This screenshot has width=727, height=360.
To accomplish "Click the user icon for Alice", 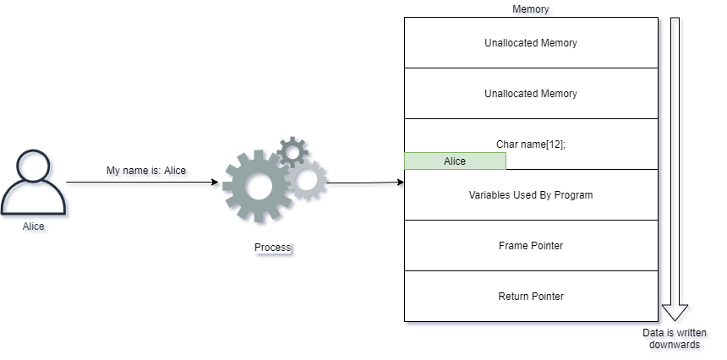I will click(x=36, y=187).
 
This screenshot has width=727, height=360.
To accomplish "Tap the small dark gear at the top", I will click(x=293, y=151).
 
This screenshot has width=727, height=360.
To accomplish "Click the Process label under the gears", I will click(x=273, y=248).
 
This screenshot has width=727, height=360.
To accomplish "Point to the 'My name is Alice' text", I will click(x=148, y=172).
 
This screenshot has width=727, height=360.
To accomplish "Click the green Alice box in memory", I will click(x=455, y=161).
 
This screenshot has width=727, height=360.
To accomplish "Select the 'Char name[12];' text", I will click(x=531, y=144).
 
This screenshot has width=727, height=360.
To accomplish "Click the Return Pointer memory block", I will click(x=531, y=297).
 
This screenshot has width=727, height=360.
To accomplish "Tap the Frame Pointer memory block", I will click(x=531, y=246).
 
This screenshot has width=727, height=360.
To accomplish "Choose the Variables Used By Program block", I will click(x=531, y=195).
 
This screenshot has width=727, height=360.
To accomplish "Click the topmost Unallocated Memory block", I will click(x=531, y=42).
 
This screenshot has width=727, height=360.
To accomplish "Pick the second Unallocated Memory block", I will click(x=531, y=94).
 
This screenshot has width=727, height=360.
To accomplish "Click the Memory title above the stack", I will click(x=533, y=10).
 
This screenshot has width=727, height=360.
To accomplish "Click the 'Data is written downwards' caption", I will click(x=673, y=340).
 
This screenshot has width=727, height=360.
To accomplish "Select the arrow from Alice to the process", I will click(x=144, y=184).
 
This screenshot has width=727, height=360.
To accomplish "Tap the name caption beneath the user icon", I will click(x=36, y=228).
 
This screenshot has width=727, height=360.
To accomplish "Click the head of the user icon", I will click(x=36, y=167).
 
